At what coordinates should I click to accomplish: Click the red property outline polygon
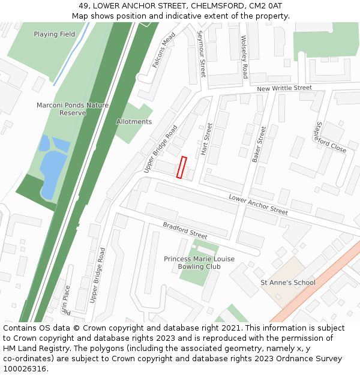pos(181,167)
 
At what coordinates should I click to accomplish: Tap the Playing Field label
pos(55,34)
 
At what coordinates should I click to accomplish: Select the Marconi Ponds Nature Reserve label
pos(73,109)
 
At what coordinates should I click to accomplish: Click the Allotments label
pos(134,122)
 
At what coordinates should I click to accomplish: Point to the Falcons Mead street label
pos(163,50)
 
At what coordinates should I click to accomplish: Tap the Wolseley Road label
pos(244,57)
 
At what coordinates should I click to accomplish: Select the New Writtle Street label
pos(284,88)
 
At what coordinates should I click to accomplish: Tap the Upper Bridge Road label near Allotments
pos(161,149)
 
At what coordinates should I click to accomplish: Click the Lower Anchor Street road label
pos(258,205)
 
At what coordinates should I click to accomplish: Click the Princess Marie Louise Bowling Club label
pos(199,263)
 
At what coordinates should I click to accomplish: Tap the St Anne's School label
pos(287,283)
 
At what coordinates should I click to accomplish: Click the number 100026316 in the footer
pos(24,368)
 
